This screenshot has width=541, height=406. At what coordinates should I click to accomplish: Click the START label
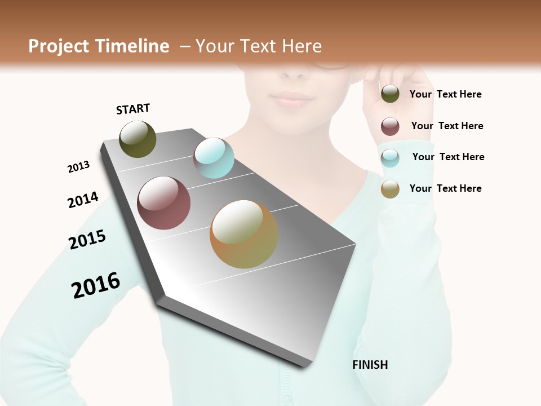click(133, 109)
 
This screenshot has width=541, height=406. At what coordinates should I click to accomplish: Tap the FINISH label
click(370, 365)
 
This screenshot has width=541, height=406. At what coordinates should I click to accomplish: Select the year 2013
click(79, 167)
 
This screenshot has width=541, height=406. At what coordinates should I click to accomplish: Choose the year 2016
click(96, 285)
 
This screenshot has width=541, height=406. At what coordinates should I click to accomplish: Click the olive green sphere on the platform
click(138, 139)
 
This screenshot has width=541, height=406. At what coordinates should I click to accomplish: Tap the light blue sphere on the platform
click(214, 158)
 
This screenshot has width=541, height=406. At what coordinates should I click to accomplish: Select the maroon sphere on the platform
click(164, 203)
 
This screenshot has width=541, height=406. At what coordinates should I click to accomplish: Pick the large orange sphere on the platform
click(244, 234)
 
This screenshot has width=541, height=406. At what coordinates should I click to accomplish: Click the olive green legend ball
click(390, 94)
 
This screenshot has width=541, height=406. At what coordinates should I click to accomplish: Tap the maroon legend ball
click(390, 126)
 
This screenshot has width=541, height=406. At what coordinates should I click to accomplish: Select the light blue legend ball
click(390, 158)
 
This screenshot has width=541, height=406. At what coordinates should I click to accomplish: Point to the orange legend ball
click(390, 189)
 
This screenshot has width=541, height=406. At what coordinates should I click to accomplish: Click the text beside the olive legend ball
click(445, 94)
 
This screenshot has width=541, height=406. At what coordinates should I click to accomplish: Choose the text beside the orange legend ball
click(445, 188)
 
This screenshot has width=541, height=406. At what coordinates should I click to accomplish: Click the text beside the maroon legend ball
click(447, 126)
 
